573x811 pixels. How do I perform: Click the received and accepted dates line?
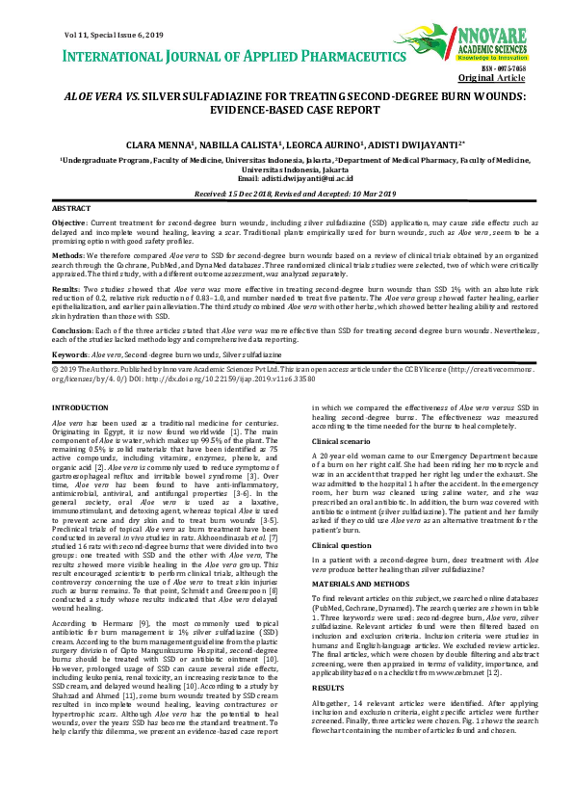286,194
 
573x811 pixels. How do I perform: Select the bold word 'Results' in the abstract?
66,289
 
